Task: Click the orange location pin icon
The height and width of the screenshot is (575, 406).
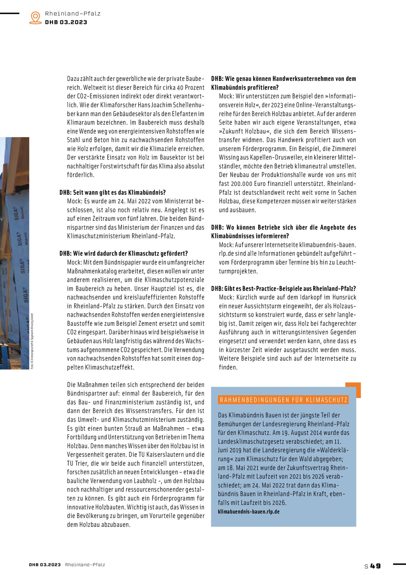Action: coord(36,17)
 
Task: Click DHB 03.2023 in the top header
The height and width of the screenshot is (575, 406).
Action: coord(66,22)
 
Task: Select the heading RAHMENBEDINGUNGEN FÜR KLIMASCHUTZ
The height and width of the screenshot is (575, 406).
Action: coord(284,400)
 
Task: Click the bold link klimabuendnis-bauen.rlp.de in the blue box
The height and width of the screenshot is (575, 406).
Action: coord(249,512)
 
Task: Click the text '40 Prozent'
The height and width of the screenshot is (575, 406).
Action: coord(191,88)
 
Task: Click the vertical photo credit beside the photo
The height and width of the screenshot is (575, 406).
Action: coord(32,340)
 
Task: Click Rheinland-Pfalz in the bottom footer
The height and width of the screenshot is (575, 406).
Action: coord(85,565)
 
